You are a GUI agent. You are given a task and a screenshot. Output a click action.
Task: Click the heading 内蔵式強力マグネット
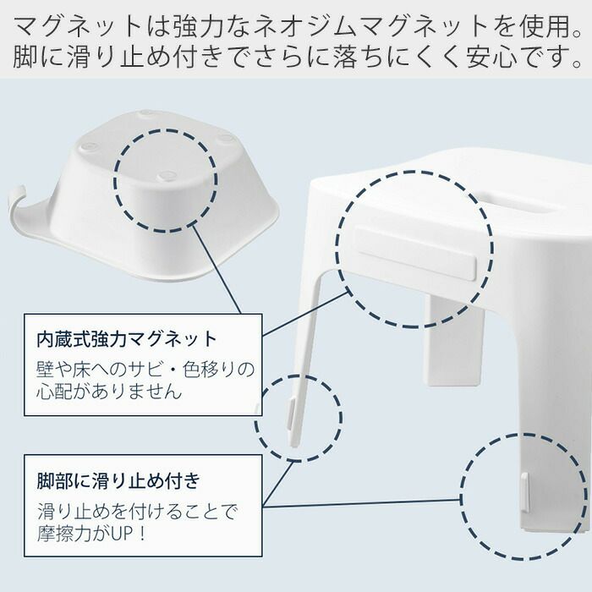coord(127,338)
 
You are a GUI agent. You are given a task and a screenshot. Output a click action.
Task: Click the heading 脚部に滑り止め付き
coord(118,480)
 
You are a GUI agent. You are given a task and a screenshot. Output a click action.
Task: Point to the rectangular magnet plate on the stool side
coord(414,253)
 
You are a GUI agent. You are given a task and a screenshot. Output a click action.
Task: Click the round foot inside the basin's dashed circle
coord(166,176)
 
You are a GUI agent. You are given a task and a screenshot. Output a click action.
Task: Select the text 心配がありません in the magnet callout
coord(109,392)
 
